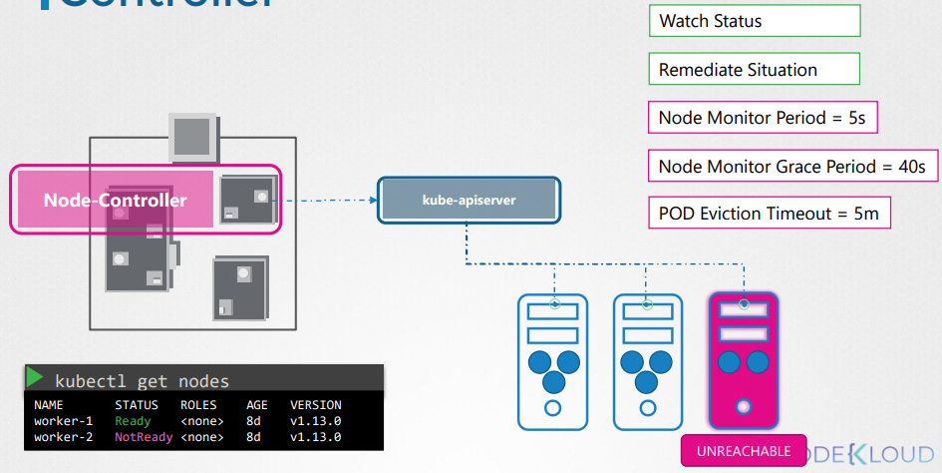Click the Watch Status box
(x=754, y=21)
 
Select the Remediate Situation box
(x=754, y=70)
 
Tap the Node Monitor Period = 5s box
(x=763, y=118)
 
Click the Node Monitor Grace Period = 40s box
(x=792, y=166)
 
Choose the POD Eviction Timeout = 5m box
(x=769, y=214)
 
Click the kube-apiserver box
(x=469, y=200)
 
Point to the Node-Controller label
(x=115, y=201)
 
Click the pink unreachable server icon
(x=743, y=359)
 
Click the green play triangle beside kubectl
(x=36, y=378)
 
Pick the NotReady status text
(x=137, y=437)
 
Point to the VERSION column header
(x=316, y=405)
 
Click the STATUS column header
(x=137, y=405)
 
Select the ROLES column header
(x=198, y=405)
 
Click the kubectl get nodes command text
(x=142, y=381)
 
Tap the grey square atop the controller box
(x=191, y=134)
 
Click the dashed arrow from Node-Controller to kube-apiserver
(x=329, y=201)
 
